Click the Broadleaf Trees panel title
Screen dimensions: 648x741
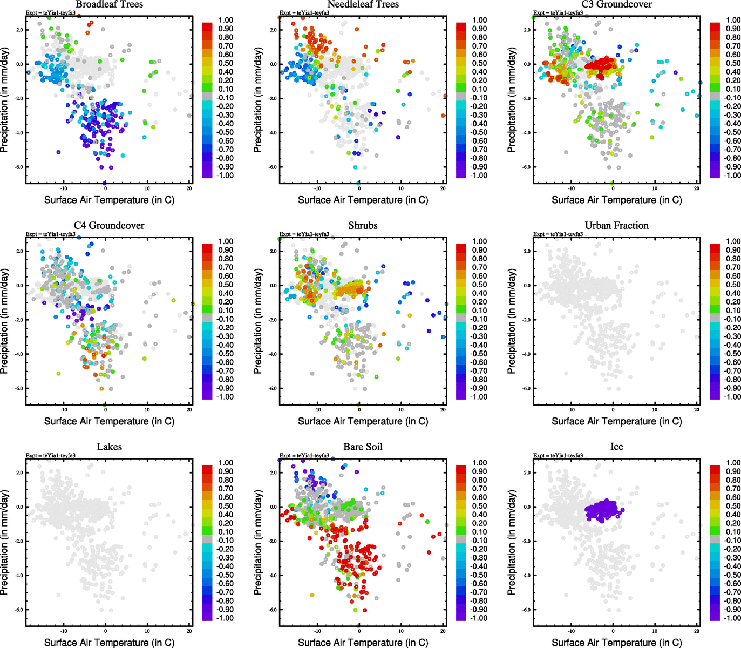click(x=109, y=5)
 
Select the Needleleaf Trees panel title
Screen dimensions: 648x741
click(x=363, y=5)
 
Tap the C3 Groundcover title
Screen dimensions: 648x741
click(x=616, y=5)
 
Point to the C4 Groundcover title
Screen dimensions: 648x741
click(x=109, y=226)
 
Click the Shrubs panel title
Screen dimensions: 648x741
click(x=363, y=226)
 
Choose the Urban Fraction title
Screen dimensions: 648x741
click(x=616, y=226)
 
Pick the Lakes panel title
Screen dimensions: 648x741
click(x=109, y=447)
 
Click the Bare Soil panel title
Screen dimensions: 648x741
click(x=363, y=447)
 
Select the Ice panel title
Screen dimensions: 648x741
click(x=616, y=447)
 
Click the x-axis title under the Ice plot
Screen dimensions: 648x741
click(x=616, y=643)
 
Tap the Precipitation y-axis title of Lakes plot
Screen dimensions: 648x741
click(x=5, y=543)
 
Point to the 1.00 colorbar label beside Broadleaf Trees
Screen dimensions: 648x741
click(x=226, y=20)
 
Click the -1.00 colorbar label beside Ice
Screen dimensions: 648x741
click(x=733, y=618)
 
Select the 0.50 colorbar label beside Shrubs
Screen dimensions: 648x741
click(x=479, y=285)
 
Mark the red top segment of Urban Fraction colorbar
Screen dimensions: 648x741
click(x=715, y=248)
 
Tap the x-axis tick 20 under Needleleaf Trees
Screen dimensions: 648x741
click(x=443, y=188)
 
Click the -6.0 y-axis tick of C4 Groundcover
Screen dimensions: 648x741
click(x=19, y=388)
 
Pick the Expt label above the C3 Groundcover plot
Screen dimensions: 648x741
click(x=558, y=13)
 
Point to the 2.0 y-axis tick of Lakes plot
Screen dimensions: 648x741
click(x=19, y=473)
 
